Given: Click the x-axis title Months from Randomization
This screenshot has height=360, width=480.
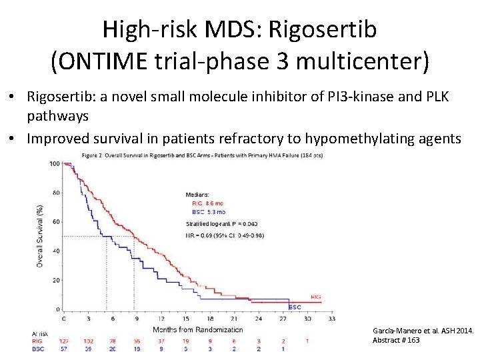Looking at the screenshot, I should tap(198, 329).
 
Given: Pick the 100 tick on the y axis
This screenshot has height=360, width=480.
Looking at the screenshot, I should tap(55, 163).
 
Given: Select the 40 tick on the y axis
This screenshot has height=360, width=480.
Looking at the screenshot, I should tap(57, 251).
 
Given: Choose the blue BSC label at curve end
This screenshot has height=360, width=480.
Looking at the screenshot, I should tap(295, 307).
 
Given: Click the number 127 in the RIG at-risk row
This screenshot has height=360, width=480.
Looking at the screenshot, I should tap(65, 341).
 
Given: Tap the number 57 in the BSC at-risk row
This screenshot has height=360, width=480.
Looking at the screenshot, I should tap(65, 349).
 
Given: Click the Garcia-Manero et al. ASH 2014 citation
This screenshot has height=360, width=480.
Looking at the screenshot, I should tap(423, 331).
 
